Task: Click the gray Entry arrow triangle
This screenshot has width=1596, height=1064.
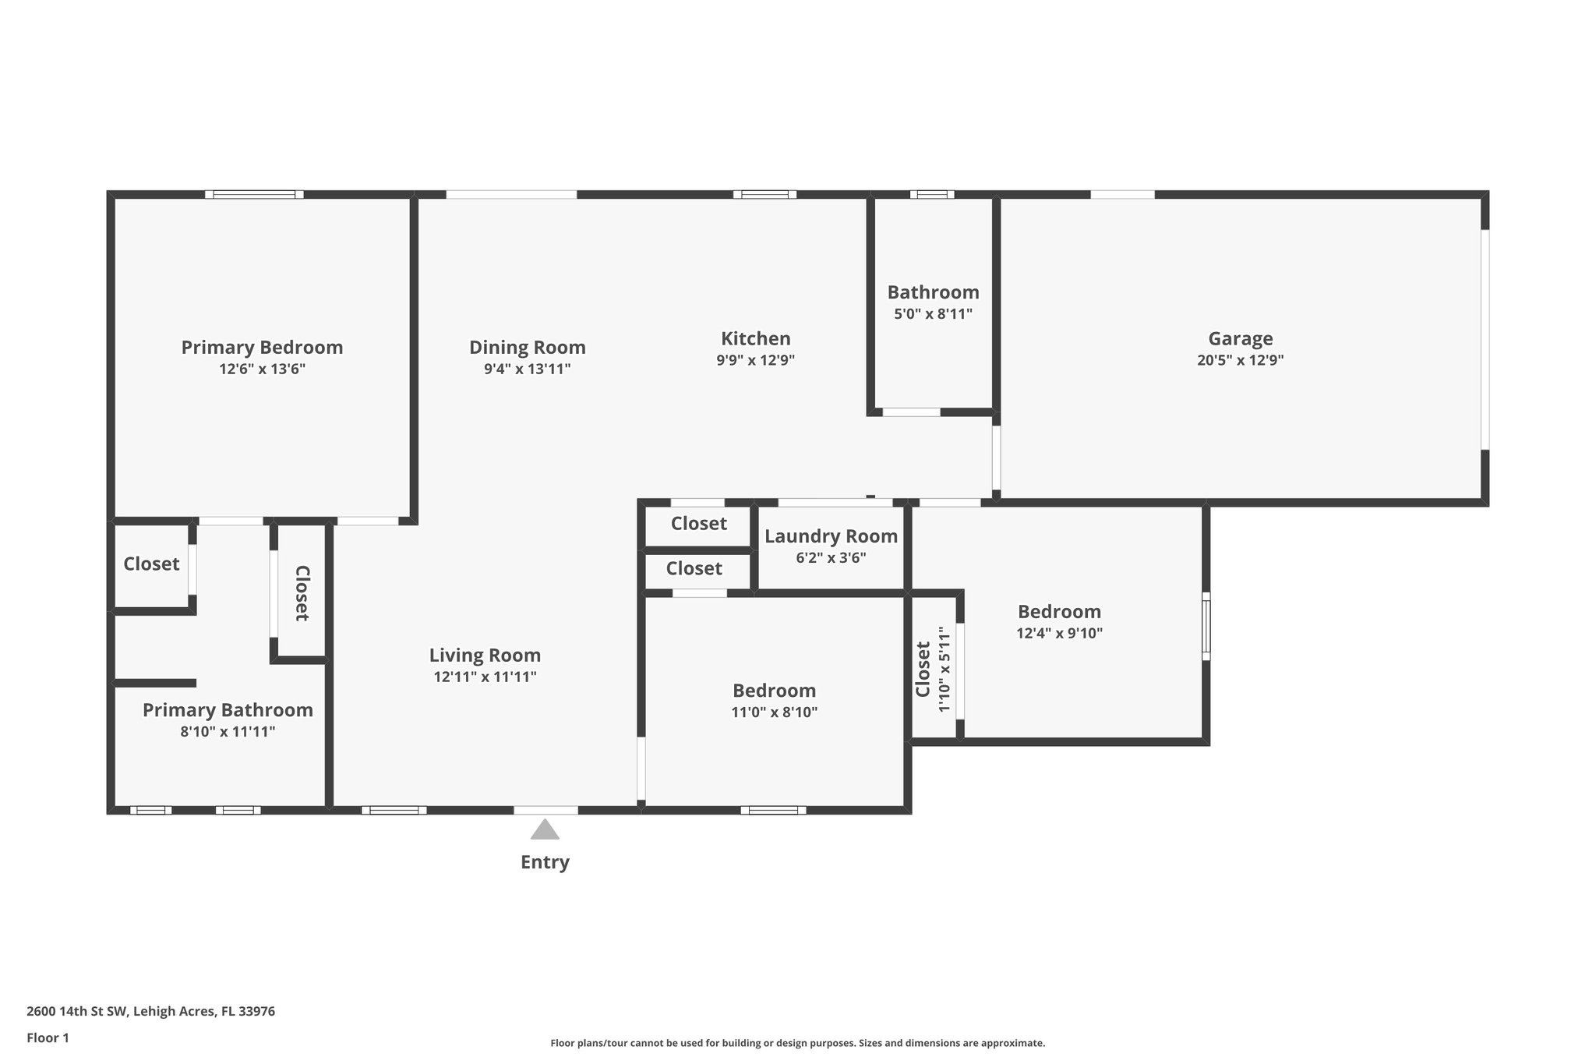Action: pyautogui.click(x=545, y=830)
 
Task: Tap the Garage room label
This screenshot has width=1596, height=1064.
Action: pyautogui.click(x=1240, y=338)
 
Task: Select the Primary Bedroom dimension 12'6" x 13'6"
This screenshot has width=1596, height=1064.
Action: pyautogui.click(x=262, y=369)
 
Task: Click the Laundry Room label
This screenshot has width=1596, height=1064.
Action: pyautogui.click(x=831, y=536)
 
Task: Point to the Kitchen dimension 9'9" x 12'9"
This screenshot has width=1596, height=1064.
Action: pyautogui.click(x=755, y=360)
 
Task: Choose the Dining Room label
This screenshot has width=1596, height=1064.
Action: pyautogui.click(x=527, y=347)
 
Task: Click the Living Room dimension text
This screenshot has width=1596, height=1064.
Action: pyautogui.click(x=485, y=677)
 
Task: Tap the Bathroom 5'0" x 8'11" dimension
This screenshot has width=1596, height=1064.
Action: pyautogui.click(x=933, y=314)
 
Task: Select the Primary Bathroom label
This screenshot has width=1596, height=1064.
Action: pyautogui.click(x=228, y=710)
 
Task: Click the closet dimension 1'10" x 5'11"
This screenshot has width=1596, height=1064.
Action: pyautogui.click(x=945, y=669)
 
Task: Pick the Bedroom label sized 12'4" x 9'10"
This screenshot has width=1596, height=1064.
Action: pyautogui.click(x=1059, y=611)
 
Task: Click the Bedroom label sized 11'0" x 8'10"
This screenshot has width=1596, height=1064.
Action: pyautogui.click(x=774, y=691)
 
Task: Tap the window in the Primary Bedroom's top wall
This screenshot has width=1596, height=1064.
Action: pyautogui.click(x=254, y=194)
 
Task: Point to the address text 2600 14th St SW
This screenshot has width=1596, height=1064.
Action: pyautogui.click(x=150, y=1012)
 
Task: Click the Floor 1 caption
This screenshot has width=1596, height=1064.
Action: pyautogui.click(x=48, y=1037)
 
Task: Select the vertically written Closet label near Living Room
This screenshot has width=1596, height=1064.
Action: pyautogui.click(x=302, y=593)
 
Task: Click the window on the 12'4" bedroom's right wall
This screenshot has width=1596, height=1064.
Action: pyautogui.click(x=1206, y=626)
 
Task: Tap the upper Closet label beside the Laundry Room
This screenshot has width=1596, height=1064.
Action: pyautogui.click(x=698, y=523)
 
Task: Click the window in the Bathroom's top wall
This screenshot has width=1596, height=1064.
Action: pyautogui.click(x=931, y=194)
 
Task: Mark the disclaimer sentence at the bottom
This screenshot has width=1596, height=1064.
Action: pyautogui.click(x=797, y=1043)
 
